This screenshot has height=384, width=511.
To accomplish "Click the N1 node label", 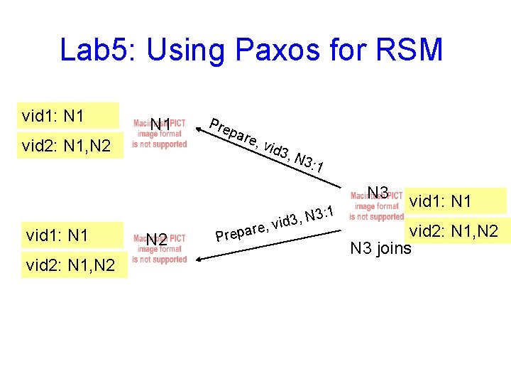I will pyautogui.click(x=160, y=126).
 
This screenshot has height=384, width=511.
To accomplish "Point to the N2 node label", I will pyautogui.click(x=157, y=240).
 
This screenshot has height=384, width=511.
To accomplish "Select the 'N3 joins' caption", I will pyautogui.click(x=380, y=248).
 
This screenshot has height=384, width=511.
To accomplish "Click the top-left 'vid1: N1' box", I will pyautogui.click(x=67, y=115).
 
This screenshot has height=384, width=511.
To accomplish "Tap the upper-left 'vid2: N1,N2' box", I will pyautogui.click(x=67, y=146).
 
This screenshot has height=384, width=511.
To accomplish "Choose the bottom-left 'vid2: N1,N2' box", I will pyautogui.click(x=73, y=265).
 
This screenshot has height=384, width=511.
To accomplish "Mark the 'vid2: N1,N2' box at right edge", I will pyautogui.click(x=458, y=231).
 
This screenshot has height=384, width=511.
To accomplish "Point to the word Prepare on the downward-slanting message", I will pyautogui.click(x=231, y=131).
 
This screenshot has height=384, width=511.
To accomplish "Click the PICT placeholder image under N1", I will pyautogui.click(x=160, y=134).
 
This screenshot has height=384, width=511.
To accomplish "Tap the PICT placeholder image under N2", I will pyautogui.click(x=160, y=250).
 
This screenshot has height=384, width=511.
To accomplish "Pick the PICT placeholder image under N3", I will pyautogui.click(x=376, y=207).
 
